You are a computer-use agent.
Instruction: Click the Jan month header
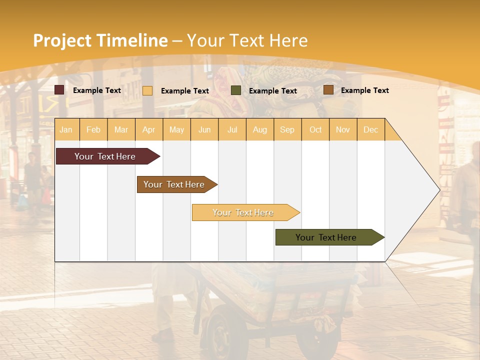(x=66, y=129)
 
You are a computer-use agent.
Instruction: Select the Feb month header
(x=93, y=129)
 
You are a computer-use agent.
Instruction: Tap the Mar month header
(x=121, y=129)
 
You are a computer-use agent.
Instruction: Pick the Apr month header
(x=149, y=129)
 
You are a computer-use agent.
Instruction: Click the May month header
(x=176, y=129)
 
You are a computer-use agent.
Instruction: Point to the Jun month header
(x=204, y=129)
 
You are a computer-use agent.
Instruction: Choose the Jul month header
(x=232, y=129)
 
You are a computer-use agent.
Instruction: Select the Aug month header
(x=260, y=129)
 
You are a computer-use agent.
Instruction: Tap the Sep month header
(x=287, y=129)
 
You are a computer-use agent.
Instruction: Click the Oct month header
(x=315, y=129)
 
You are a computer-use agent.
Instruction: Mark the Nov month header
(x=343, y=129)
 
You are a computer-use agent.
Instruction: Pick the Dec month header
(x=371, y=129)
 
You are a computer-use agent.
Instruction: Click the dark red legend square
(x=59, y=90)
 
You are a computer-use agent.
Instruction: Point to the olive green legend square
(x=236, y=90)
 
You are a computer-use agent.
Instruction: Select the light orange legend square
(x=147, y=90)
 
